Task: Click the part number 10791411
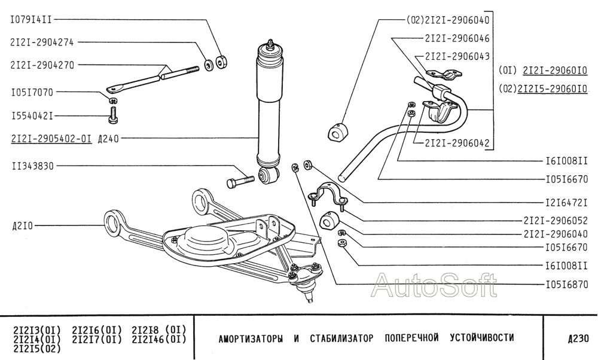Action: click(x=31, y=20)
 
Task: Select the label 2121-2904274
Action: click(x=42, y=42)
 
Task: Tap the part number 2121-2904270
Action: click(x=42, y=65)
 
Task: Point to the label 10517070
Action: click(x=32, y=92)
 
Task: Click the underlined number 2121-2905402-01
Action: click(x=51, y=139)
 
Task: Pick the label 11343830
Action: click(x=33, y=166)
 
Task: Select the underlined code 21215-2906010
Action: click(x=552, y=89)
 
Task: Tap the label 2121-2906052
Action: click(x=556, y=221)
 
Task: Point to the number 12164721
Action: click(x=567, y=203)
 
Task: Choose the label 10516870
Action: click(x=567, y=284)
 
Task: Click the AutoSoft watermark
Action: click(x=434, y=285)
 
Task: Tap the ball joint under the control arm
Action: click(x=306, y=280)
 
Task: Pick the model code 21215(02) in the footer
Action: click(x=36, y=348)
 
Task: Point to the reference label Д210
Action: click(x=23, y=226)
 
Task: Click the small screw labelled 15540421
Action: click(x=112, y=114)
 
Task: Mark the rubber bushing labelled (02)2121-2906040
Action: click(x=338, y=131)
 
